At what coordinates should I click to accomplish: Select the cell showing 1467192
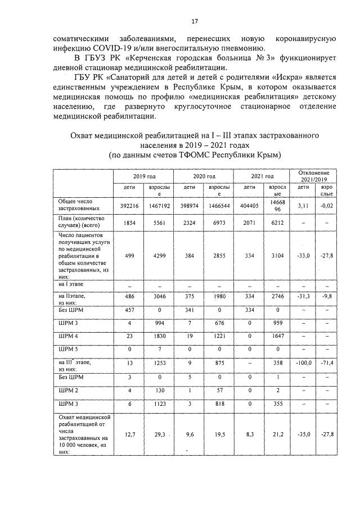[160, 206]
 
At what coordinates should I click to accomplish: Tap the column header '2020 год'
[202, 176]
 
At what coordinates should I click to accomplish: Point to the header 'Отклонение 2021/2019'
[312, 175]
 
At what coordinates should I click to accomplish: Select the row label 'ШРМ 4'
[67, 335]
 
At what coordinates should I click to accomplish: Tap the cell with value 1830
[160, 335]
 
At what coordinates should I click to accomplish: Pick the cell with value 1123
[160, 403]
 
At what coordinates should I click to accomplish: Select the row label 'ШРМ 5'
[67, 348]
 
